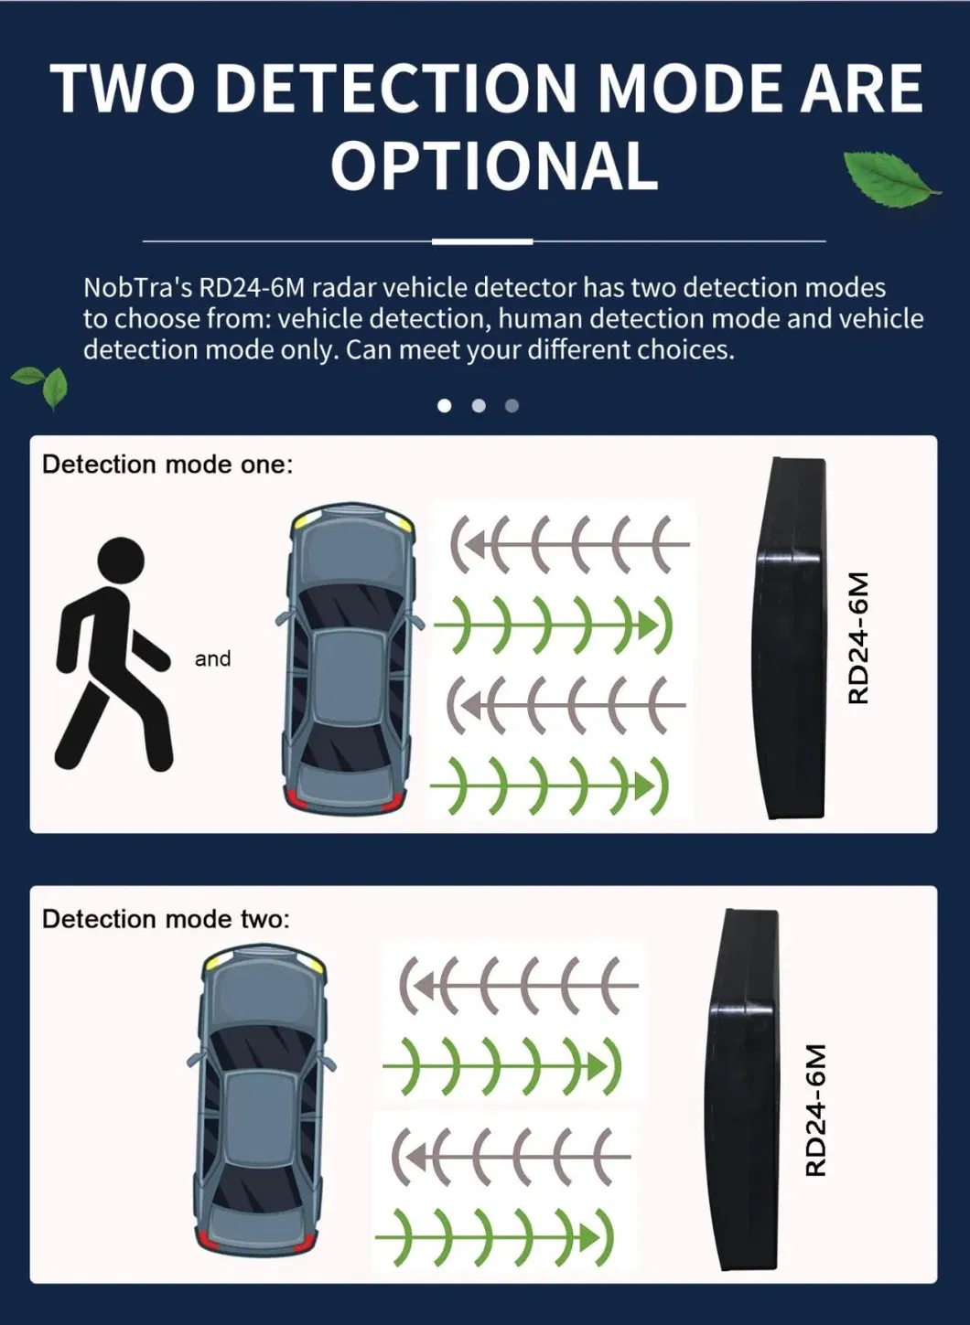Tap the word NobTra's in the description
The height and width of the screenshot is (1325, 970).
point(137,288)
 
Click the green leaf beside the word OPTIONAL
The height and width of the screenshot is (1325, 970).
point(891,179)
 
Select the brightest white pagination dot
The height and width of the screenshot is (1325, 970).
point(445,406)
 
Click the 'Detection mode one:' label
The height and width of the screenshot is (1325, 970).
point(167,465)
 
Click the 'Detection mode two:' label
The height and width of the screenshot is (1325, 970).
point(167,919)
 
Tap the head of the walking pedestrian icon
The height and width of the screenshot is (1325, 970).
point(121,561)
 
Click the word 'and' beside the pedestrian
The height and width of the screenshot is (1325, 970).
point(212,658)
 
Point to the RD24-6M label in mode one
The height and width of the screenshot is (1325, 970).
point(858,637)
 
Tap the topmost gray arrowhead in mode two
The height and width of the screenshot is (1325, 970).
point(424,986)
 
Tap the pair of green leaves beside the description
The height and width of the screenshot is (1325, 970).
point(40,387)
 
